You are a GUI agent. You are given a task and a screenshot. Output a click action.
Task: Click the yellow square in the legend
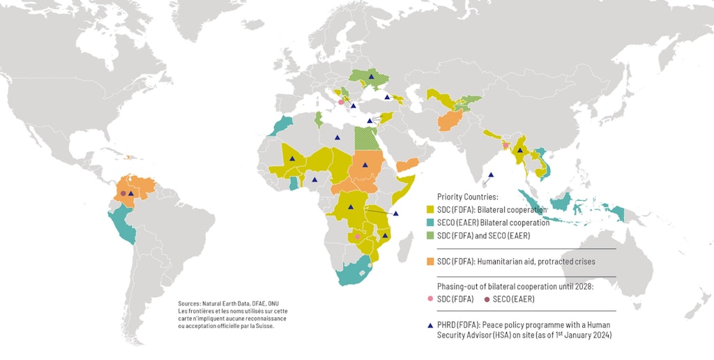[x=430, y=209]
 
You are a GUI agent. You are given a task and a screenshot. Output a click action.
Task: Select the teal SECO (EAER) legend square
[x=430, y=223]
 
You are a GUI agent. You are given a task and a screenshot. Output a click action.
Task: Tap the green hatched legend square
[x=430, y=236]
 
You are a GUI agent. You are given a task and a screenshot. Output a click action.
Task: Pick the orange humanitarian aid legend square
[x=430, y=261]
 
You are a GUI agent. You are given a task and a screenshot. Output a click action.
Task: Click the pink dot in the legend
[x=430, y=299]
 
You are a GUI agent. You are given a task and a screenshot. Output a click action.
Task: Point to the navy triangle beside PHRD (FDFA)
[x=430, y=324]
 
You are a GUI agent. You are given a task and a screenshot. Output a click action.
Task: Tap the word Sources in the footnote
[x=189, y=304]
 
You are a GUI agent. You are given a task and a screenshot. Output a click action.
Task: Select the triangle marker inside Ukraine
[x=372, y=76]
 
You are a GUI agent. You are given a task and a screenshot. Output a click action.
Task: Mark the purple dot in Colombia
[x=123, y=193]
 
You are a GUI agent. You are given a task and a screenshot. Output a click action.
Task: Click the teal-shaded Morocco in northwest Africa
[x=282, y=126]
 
